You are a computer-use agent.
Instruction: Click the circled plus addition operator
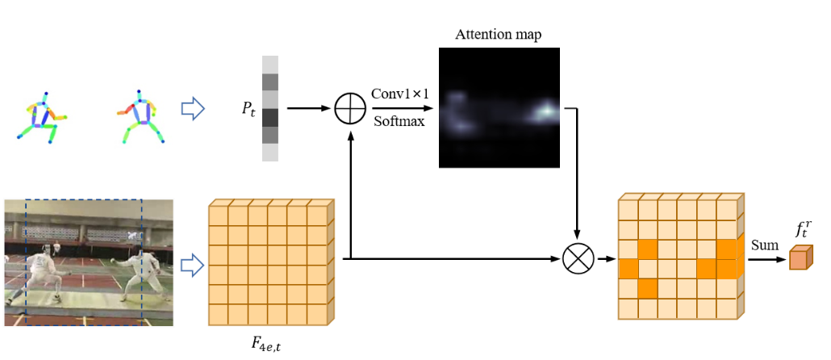tap(350, 108)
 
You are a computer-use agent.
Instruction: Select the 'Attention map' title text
tap(498, 35)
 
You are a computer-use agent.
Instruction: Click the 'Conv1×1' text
tap(399, 93)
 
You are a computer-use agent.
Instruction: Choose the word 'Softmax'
tap(399, 122)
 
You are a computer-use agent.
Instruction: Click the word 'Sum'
tap(763, 244)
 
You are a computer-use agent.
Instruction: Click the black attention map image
tap(499, 107)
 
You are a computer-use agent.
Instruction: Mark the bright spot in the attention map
tap(546, 108)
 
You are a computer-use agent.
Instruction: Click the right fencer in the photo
tap(145, 274)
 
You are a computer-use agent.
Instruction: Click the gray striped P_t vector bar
tap(269, 108)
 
